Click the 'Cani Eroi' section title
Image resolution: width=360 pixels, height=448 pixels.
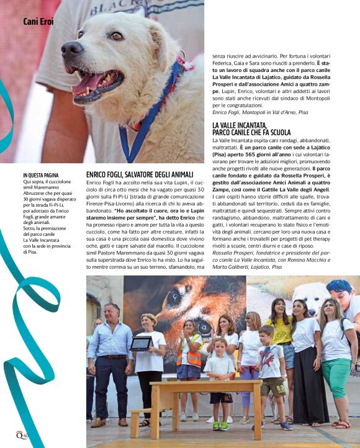tap(38, 22)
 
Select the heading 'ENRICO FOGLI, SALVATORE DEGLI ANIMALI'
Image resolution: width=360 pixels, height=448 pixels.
tap(140, 175)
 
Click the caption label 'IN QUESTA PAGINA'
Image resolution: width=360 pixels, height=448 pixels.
tap(41, 176)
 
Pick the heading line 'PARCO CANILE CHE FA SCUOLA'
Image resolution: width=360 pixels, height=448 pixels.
tap(251, 133)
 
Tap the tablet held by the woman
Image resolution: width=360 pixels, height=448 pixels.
tap(141, 343)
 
